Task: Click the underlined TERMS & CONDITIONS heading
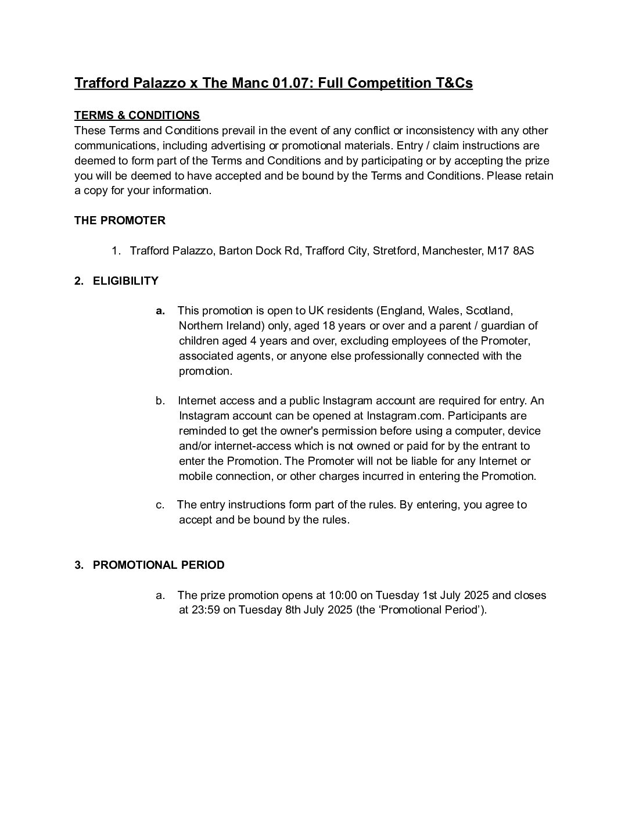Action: point(137,115)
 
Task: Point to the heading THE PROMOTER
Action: point(120,221)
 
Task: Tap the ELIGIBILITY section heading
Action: point(125,281)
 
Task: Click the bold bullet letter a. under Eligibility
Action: point(160,311)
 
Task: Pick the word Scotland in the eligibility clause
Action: point(489,311)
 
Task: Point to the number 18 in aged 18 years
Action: point(329,326)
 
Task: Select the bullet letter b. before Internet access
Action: point(160,401)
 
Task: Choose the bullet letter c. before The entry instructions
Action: point(160,505)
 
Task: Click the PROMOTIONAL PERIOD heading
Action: point(159,565)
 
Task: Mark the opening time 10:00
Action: point(342,595)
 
